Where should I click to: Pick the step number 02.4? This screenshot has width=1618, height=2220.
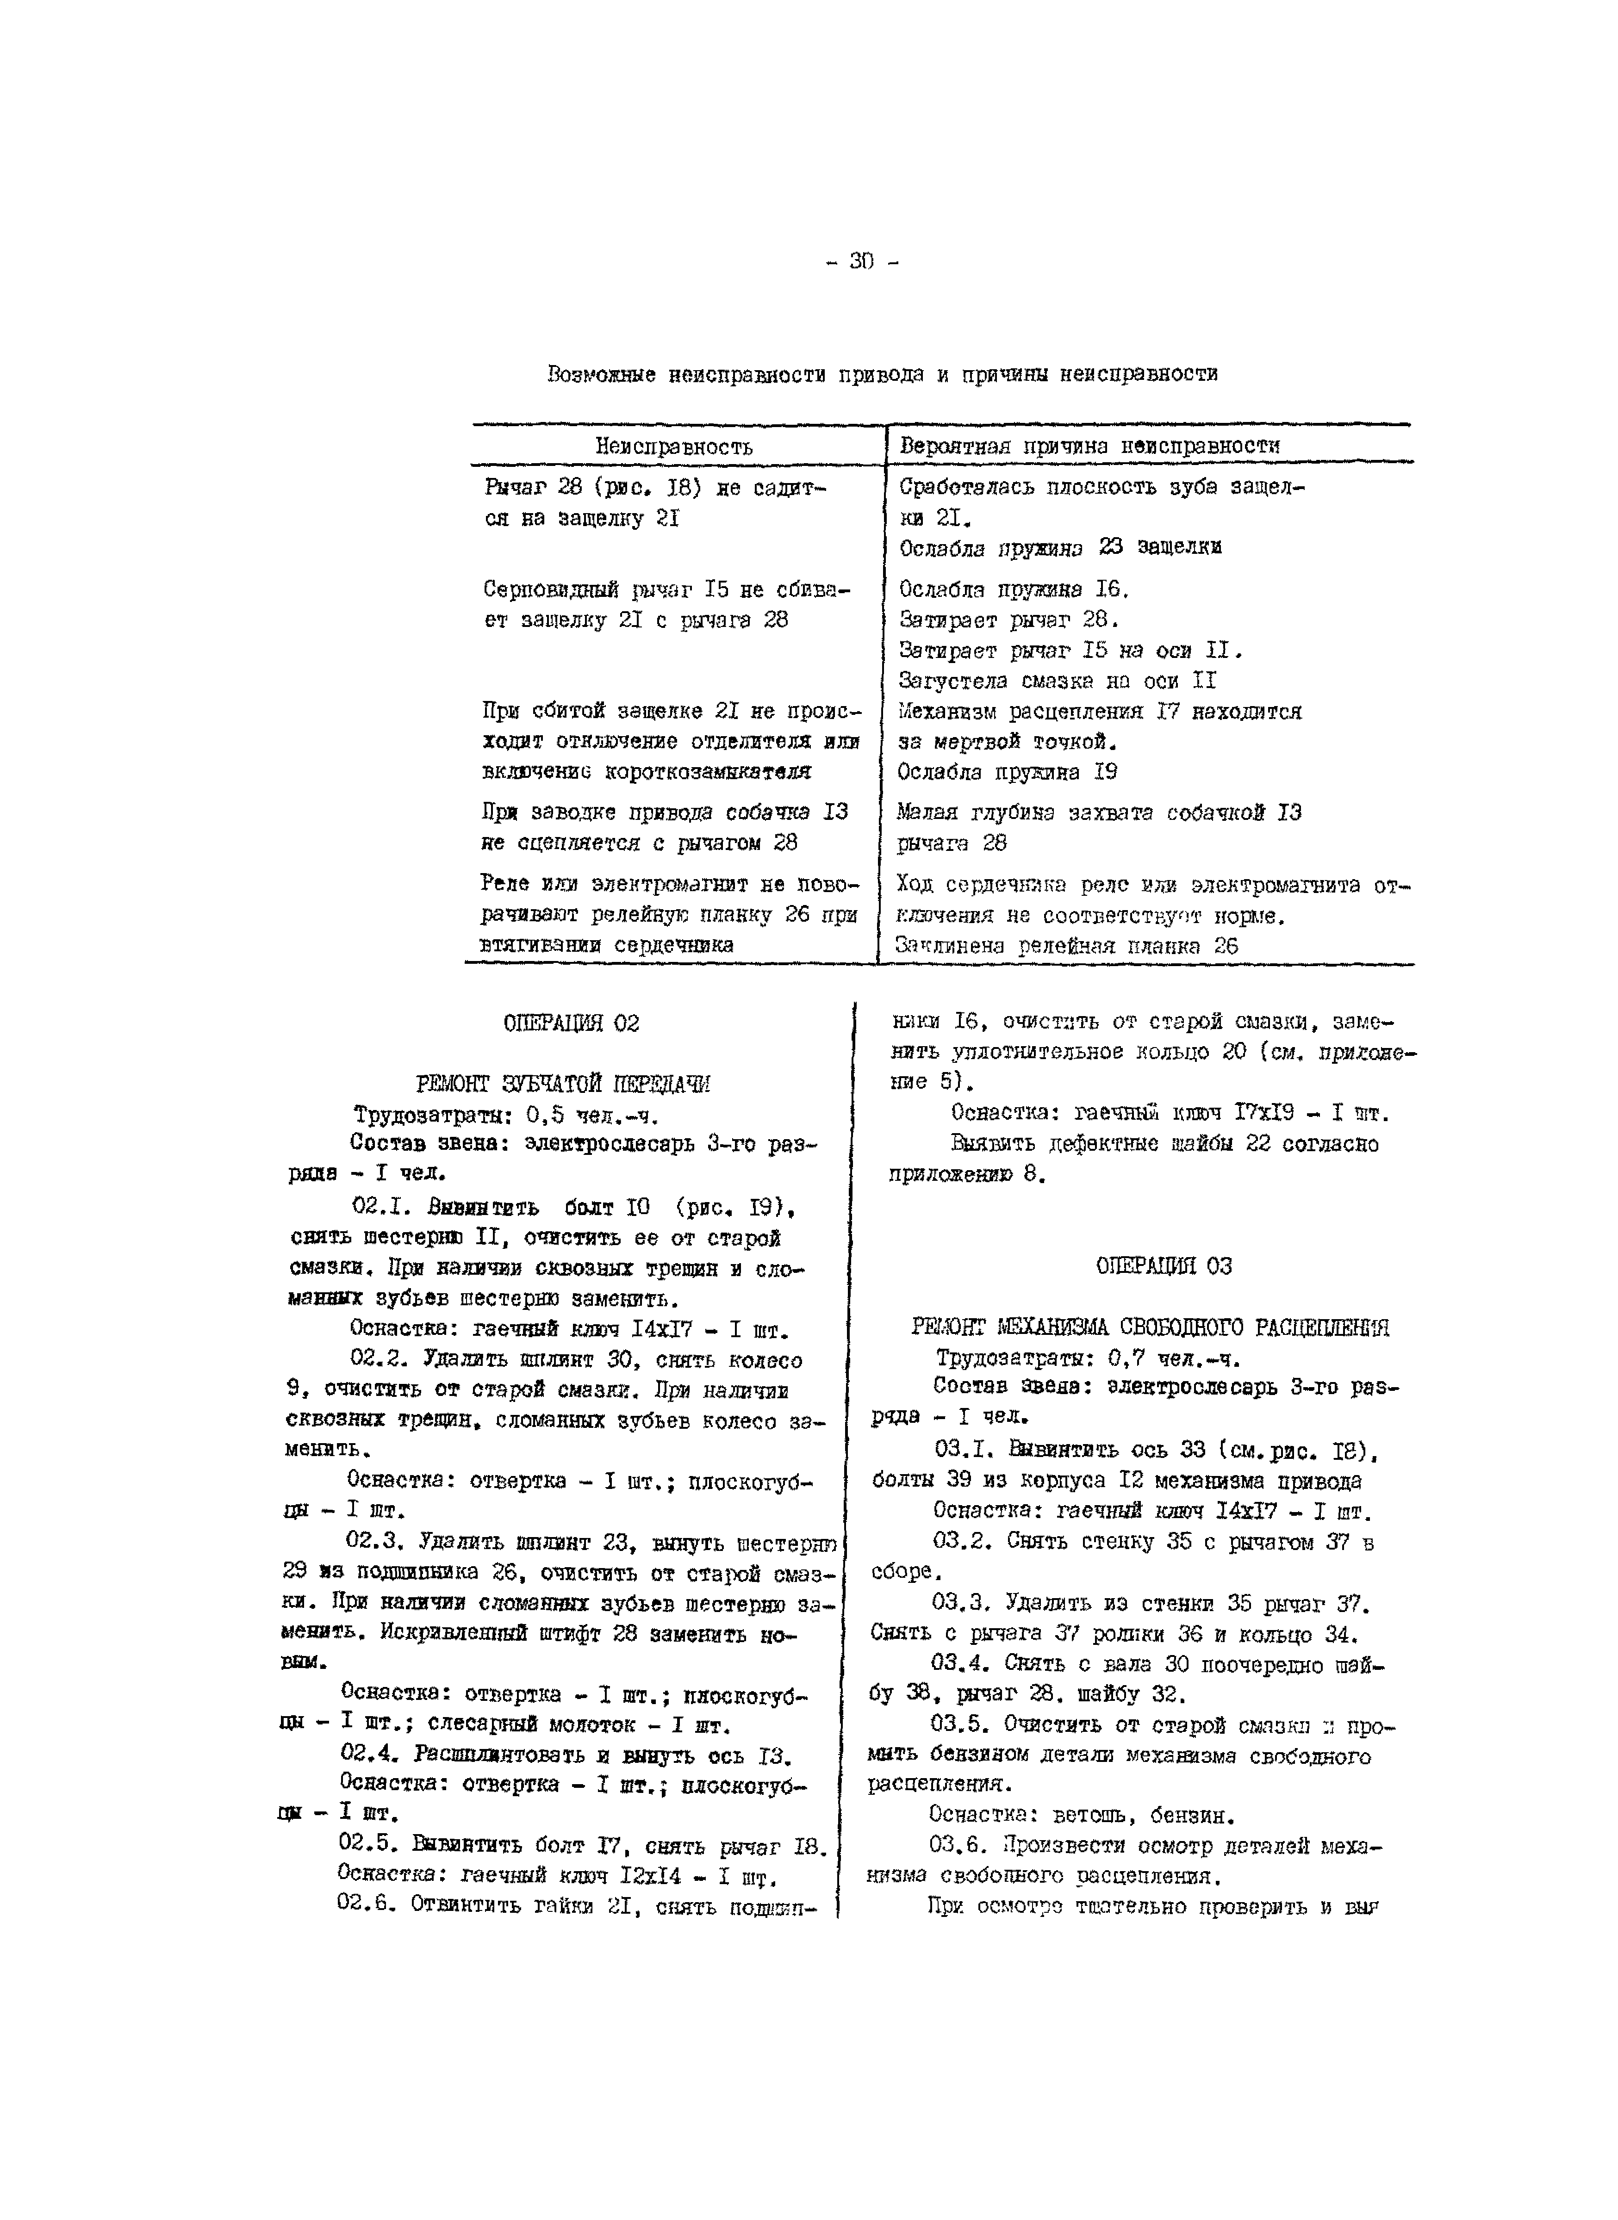(x=372, y=1754)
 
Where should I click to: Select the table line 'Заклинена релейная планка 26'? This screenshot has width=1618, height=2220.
(x=1067, y=946)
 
